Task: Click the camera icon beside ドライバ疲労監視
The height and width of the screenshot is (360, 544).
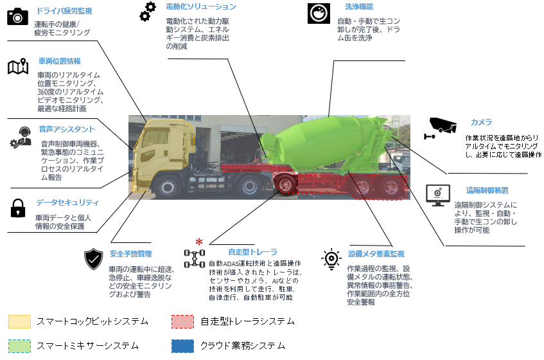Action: click(18, 15)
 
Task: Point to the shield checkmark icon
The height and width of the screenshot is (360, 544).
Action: click(94, 259)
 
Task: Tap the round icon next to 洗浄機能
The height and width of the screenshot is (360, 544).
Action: click(319, 13)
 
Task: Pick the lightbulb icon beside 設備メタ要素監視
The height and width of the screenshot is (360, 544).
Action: click(331, 259)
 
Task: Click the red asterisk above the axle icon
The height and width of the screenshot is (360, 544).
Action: click(199, 242)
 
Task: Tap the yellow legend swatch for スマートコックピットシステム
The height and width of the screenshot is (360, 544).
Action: click(19, 321)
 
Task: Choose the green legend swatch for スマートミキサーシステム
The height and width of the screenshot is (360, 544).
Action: click(19, 346)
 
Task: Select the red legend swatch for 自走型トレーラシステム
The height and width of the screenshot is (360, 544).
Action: click(183, 321)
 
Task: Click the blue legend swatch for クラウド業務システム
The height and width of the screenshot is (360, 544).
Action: click(183, 346)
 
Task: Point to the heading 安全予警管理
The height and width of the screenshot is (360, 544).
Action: click(130, 253)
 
